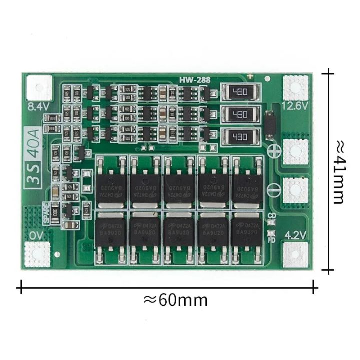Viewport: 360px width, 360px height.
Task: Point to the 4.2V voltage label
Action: click(295, 234)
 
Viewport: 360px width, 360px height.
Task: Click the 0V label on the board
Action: click(36, 235)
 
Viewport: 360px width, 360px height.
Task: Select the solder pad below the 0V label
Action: click(38, 254)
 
